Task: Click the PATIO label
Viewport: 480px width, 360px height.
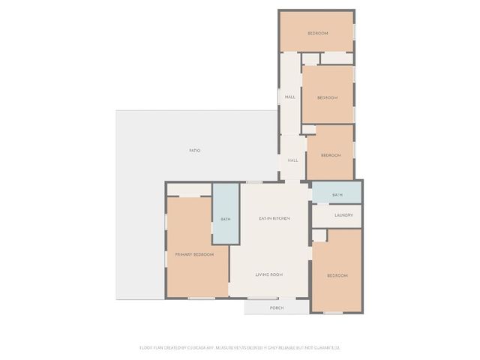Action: (x=194, y=151)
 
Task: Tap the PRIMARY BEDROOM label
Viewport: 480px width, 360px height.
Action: (x=194, y=255)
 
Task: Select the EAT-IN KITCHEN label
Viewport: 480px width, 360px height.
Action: (x=274, y=218)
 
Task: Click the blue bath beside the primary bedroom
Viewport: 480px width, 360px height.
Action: (x=225, y=213)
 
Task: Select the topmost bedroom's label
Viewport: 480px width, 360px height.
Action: (x=317, y=34)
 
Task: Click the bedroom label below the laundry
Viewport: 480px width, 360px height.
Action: (x=337, y=276)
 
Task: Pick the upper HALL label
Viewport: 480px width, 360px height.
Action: (x=289, y=97)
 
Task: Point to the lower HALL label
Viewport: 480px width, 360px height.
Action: (x=292, y=160)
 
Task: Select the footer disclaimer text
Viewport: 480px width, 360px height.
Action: (x=240, y=347)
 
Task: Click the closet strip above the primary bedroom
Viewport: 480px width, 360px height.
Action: (x=188, y=189)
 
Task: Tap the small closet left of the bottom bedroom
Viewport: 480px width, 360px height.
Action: (x=319, y=235)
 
